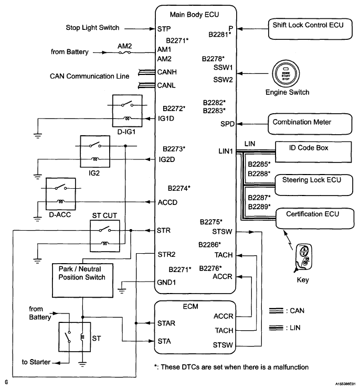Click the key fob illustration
303,257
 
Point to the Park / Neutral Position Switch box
82,273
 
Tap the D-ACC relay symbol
61,194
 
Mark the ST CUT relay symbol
105,235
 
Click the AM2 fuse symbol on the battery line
124,52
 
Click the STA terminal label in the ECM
163,341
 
